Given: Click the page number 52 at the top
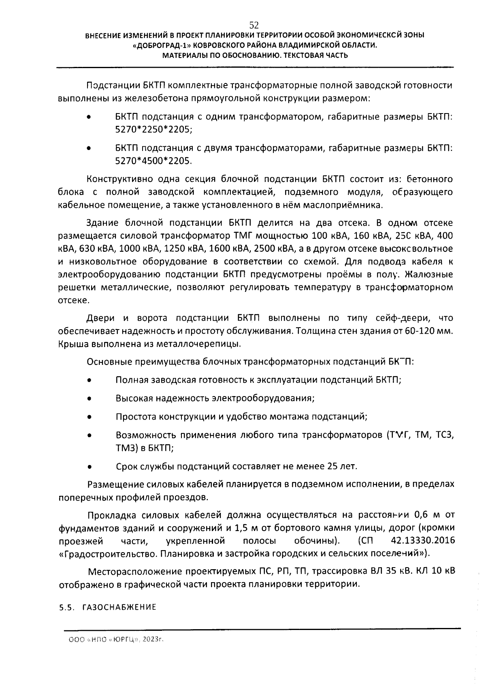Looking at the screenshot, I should coord(254,25).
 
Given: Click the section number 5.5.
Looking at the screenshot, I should coord(68,607).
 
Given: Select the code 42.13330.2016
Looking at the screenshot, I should coord(423,541).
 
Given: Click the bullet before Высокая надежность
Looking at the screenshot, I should coord(89,399).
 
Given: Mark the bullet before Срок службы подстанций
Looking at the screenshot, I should coord(89,467).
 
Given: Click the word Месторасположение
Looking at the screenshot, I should coord(135,572).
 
